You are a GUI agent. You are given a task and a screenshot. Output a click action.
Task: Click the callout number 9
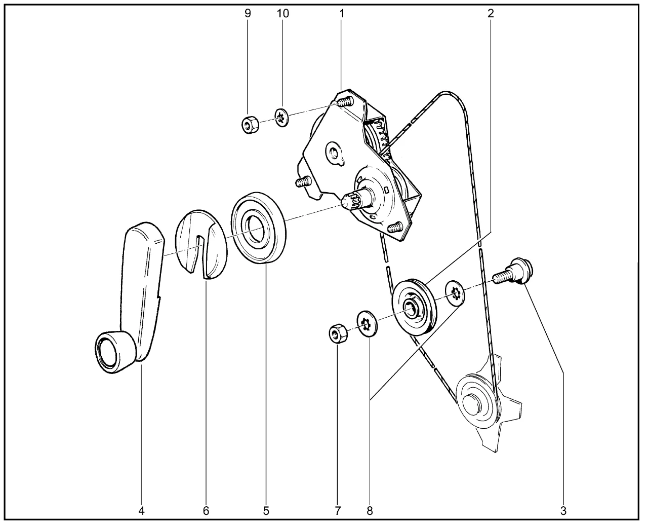(248, 13)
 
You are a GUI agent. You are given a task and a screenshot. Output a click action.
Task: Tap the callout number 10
(282, 13)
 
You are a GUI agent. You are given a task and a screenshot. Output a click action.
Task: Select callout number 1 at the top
(342, 13)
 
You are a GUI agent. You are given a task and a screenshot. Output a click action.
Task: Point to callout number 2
(491, 13)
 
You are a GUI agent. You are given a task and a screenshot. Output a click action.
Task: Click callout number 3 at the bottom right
(563, 511)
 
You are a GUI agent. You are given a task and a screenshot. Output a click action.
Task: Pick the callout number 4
(141, 511)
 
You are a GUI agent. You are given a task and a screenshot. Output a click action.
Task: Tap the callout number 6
(206, 511)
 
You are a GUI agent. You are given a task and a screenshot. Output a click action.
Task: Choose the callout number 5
(266, 511)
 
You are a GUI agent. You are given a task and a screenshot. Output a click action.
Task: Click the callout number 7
(338, 511)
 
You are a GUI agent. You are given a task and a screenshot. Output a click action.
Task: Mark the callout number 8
(370, 511)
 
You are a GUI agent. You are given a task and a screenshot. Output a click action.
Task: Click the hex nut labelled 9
(251, 125)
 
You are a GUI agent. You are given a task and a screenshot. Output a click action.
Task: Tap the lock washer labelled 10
(282, 117)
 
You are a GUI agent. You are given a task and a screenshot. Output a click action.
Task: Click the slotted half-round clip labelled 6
(201, 244)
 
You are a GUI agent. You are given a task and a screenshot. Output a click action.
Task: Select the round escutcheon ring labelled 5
(258, 228)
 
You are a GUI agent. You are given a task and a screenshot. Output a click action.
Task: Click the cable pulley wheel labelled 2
(414, 307)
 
